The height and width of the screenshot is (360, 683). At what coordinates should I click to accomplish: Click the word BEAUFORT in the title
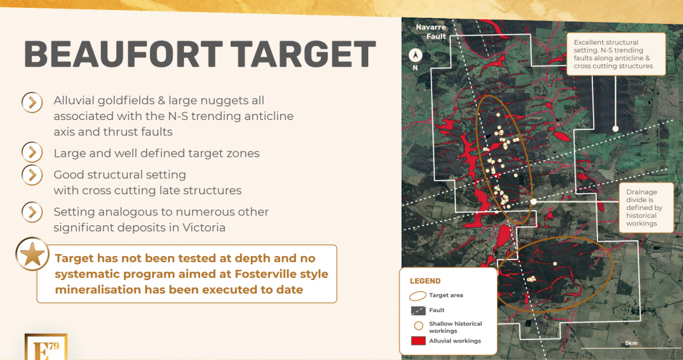[x=123, y=53]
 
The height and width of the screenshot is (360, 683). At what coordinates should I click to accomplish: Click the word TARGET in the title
[x=303, y=53]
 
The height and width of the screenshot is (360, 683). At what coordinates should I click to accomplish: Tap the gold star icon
[x=32, y=254]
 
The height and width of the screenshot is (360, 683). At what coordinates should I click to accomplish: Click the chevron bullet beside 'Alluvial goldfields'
[x=32, y=103]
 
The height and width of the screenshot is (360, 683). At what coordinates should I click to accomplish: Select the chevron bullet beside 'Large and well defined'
[x=32, y=153]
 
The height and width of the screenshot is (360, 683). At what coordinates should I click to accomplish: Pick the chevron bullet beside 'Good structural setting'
[x=32, y=175]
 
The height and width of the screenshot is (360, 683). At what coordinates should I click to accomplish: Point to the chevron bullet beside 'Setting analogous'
[x=32, y=212]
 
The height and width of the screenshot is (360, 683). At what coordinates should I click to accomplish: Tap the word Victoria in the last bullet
[x=204, y=227]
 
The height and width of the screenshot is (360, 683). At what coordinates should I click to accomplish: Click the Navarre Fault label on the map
[x=431, y=32]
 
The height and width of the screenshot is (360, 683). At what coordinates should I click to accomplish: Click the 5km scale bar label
[x=631, y=343]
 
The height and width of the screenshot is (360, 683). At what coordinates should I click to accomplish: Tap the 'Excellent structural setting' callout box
[x=616, y=54]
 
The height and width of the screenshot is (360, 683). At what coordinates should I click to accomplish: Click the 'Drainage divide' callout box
[x=646, y=207]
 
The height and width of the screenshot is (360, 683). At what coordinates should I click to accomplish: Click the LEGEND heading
[x=425, y=281]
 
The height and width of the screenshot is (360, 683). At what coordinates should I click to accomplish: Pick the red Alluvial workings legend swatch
[x=418, y=341]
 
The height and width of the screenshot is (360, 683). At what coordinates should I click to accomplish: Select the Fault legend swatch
[x=418, y=311]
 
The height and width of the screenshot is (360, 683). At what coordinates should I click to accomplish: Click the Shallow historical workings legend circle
[x=419, y=325]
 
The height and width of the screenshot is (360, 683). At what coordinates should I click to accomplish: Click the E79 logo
[x=46, y=347]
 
